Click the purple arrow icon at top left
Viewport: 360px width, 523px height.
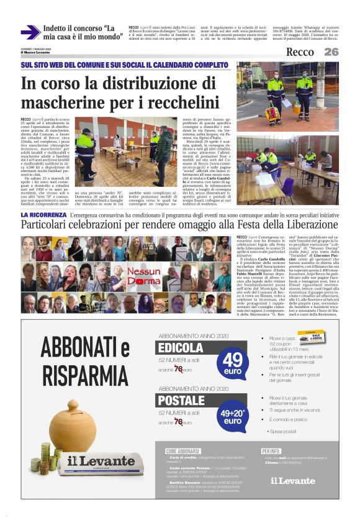pyautogui.click(x=30, y=32)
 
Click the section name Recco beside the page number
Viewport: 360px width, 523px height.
pyautogui.click(x=300, y=52)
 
